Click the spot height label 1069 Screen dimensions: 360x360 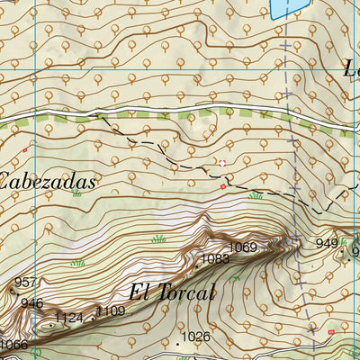pyautogui.click(x=242, y=247)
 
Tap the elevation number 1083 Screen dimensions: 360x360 pyautogui.click(x=216, y=259)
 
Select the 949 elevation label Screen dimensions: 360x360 pyautogui.click(x=327, y=244)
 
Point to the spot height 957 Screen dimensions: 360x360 pyautogui.click(x=26, y=283)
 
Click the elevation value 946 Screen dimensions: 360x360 pyautogui.click(x=31, y=303)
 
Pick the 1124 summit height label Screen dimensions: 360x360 pyautogui.click(x=68, y=318)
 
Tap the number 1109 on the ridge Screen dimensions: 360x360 pyautogui.click(x=112, y=311)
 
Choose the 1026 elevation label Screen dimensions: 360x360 pyautogui.click(x=195, y=337)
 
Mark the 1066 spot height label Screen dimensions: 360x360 pyautogui.click(x=13, y=345)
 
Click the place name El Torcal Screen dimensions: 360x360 pyautogui.click(x=172, y=292)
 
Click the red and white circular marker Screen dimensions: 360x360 pyautogui.click(x=221, y=163)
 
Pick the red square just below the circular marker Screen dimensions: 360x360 pyautogui.click(x=223, y=186)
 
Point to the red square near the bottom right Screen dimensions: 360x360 pyautogui.click(x=331, y=332)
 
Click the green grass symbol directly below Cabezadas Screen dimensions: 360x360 pyautogui.click(x=76, y=193)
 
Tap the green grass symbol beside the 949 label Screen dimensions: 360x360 pyautogui.click(x=344, y=241)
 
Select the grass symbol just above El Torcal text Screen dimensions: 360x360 pyautogui.click(x=159, y=238)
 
